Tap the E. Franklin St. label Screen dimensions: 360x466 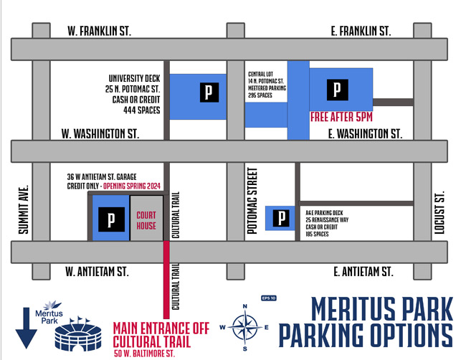(x=362, y=31)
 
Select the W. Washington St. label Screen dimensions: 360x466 (x=101, y=133)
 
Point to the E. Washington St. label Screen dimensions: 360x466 (x=366, y=133)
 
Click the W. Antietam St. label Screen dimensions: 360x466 (x=96, y=272)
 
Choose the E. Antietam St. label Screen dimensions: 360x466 (x=363, y=272)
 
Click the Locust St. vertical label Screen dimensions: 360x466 (x=440, y=212)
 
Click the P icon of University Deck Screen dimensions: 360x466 (x=209, y=91)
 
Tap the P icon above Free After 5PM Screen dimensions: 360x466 (x=336, y=90)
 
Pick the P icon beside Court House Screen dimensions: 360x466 (x=110, y=219)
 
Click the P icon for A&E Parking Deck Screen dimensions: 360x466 (x=282, y=217)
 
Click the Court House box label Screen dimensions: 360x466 (x=146, y=221)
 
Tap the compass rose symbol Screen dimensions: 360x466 (x=245, y=327)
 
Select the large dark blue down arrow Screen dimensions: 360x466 (x=27, y=327)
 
